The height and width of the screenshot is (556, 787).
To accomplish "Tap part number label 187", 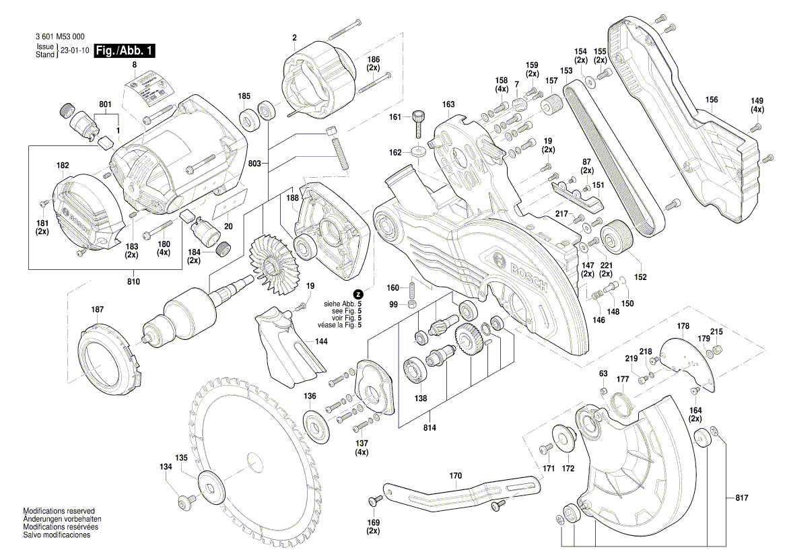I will click(98, 310).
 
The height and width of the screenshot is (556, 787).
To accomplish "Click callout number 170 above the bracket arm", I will click(456, 476).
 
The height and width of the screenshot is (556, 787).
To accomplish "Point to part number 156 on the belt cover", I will click(712, 100).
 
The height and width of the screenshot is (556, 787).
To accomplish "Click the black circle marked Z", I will click(358, 294).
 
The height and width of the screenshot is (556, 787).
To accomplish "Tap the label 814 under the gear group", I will click(430, 428).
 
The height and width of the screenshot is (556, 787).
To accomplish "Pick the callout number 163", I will click(448, 104).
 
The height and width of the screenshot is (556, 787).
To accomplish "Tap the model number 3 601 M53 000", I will click(59, 37).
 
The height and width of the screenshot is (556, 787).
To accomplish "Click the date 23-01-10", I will click(74, 51).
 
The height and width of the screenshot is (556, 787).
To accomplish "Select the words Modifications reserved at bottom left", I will click(59, 511).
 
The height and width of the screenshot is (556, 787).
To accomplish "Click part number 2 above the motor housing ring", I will click(294, 38).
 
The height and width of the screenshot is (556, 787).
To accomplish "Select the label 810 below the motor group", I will click(133, 281).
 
